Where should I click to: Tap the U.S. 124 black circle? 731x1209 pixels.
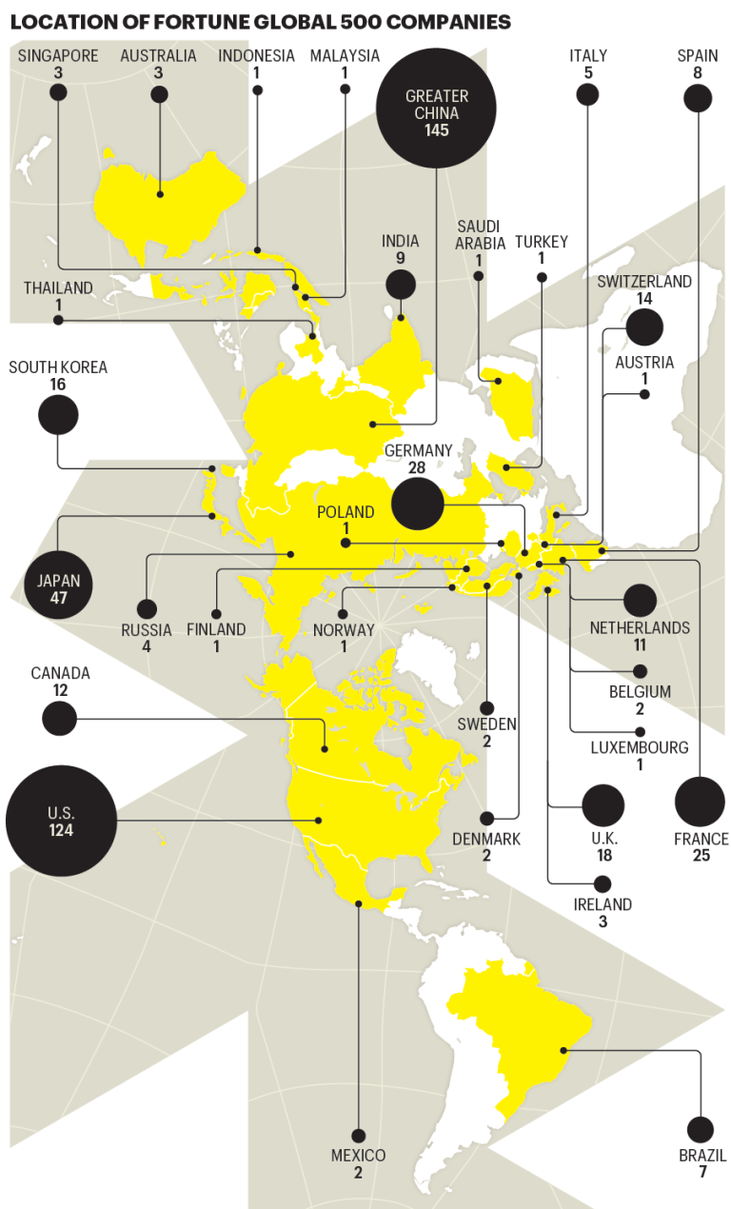click(x=61, y=821)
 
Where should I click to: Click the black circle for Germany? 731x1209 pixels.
click(x=417, y=504)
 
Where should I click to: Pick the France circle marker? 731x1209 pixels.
click(x=700, y=802)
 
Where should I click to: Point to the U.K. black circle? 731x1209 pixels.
click(x=603, y=805)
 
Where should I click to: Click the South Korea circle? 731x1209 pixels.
click(x=58, y=415)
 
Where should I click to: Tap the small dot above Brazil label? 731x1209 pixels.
click(x=700, y=1129)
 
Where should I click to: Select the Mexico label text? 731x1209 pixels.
click(x=358, y=1156)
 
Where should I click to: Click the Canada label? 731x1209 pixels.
click(x=60, y=673)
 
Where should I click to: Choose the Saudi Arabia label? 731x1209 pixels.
click(x=479, y=234)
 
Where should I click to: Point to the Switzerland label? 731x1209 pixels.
click(x=644, y=282)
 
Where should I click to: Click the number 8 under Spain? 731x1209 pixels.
click(x=698, y=72)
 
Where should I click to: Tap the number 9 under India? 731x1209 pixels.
click(x=401, y=258)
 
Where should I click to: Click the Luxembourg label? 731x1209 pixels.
click(x=639, y=747)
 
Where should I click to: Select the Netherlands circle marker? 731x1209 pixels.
click(x=640, y=601)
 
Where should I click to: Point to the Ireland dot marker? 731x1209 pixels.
click(x=602, y=883)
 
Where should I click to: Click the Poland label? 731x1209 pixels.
click(x=346, y=512)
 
